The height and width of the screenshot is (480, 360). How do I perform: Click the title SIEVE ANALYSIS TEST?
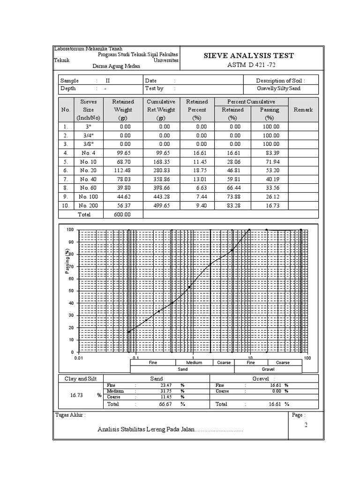(x=249, y=56)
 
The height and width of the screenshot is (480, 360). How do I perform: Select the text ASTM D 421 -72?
(x=249, y=65)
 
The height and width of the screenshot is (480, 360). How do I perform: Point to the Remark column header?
(x=303, y=110)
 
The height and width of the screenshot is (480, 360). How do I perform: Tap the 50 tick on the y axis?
(x=70, y=291)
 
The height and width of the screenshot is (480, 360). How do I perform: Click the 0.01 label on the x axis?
(x=79, y=358)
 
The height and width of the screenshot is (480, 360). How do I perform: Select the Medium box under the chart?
(x=194, y=362)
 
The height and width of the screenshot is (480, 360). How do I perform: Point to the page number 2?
(x=306, y=425)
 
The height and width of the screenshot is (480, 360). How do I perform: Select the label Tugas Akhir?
(x=70, y=415)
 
